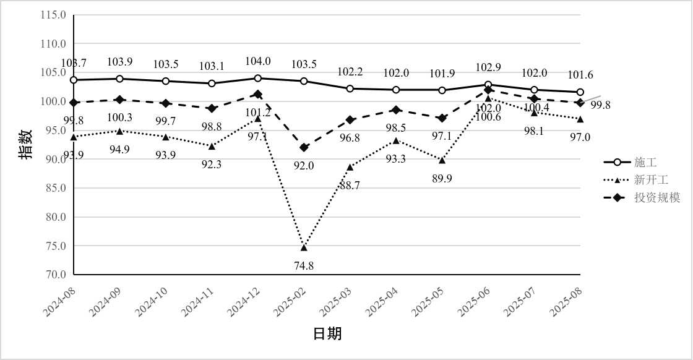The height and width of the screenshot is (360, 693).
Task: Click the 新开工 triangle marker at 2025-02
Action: pyautogui.click(x=304, y=247)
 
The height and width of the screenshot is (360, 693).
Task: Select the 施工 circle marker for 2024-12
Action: pyautogui.click(x=258, y=78)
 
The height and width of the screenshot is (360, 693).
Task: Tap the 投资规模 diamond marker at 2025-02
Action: pyautogui.click(x=304, y=147)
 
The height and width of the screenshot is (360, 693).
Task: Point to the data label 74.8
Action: pyautogui.click(x=304, y=266)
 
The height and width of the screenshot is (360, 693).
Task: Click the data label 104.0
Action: pyautogui.click(x=258, y=61)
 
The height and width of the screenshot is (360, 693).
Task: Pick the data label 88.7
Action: pyautogui.click(x=350, y=185)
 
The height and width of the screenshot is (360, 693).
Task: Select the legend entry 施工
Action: pyautogui.click(x=645, y=162)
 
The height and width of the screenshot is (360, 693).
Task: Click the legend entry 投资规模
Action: pyautogui.click(x=656, y=198)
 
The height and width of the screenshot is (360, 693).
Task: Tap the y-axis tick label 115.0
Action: pyautogui.click(x=54, y=14)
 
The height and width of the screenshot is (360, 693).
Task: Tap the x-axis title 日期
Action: pyautogui.click(x=327, y=334)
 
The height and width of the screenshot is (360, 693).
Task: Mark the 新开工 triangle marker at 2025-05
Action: pyautogui.click(x=442, y=160)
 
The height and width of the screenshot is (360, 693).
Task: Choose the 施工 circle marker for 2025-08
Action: pyautogui.click(x=580, y=92)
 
